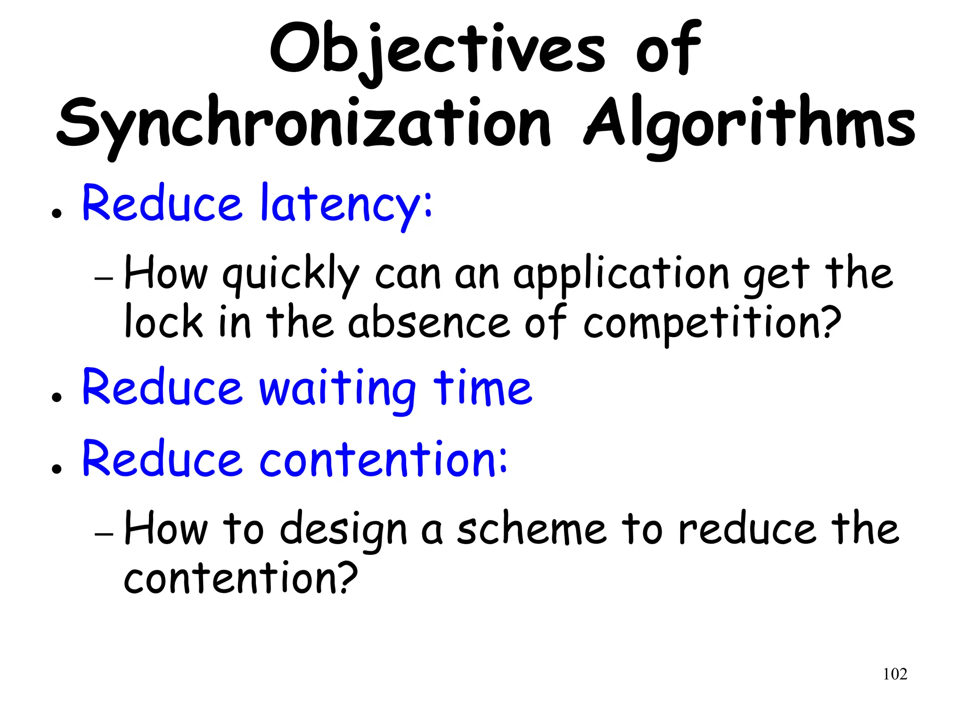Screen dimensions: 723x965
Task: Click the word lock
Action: (x=164, y=322)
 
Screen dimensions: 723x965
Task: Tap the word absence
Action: (x=429, y=322)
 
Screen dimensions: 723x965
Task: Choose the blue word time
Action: (x=483, y=389)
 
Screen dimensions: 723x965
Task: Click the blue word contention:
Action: (x=384, y=459)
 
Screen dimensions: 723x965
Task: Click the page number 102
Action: (x=895, y=674)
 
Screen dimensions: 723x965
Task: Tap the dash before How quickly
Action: (x=104, y=278)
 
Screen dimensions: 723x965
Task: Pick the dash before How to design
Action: (x=104, y=534)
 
